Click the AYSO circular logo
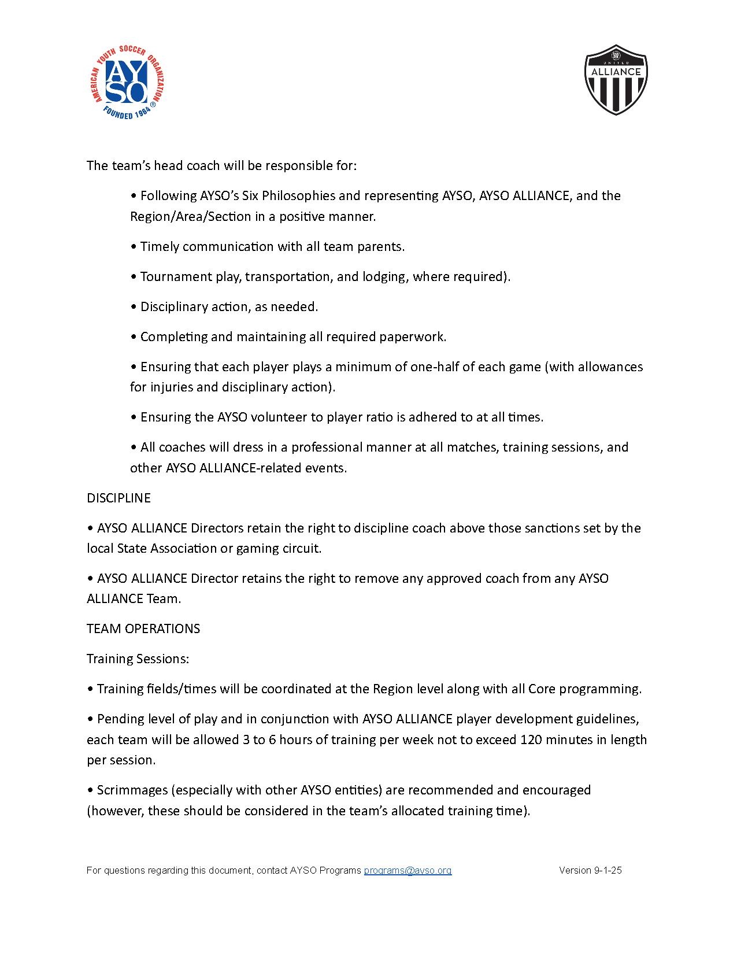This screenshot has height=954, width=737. click(126, 82)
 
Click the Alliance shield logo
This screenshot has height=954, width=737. click(616, 80)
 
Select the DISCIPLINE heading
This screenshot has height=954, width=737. click(118, 498)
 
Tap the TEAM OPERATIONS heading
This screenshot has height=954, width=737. click(143, 628)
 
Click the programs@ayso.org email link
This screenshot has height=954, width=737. click(408, 870)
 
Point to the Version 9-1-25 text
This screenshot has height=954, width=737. click(590, 870)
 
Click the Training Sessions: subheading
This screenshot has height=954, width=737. click(138, 659)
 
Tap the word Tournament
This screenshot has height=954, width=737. click(176, 276)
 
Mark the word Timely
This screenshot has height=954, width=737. click(160, 246)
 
